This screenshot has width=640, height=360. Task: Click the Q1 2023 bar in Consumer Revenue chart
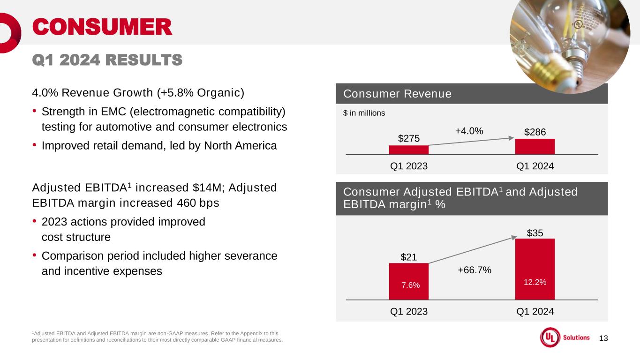click(x=408, y=150)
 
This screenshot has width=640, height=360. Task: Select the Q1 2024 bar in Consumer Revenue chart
click(x=535, y=147)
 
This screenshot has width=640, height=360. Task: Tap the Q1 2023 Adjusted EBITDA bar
click(x=408, y=281)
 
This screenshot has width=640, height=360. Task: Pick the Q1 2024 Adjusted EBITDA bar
click(x=535, y=269)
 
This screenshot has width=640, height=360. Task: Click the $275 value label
click(x=408, y=139)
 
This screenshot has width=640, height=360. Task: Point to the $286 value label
click(x=535, y=132)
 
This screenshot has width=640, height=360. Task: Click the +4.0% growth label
click(x=469, y=131)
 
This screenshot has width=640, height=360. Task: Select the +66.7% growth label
click(x=474, y=270)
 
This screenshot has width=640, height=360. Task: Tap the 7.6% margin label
click(x=411, y=285)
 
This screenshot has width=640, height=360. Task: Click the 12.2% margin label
click(x=535, y=282)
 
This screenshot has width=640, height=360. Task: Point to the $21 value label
click(x=408, y=257)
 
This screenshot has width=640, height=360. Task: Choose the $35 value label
click(x=535, y=233)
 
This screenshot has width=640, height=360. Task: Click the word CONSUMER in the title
click(x=102, y=27)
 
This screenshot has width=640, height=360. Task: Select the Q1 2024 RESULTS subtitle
click(x=107, y=60)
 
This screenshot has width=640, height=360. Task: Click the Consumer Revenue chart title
click(x=397, y=94)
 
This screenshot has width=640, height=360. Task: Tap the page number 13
click(x=603, y=338)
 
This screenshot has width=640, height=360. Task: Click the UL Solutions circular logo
click(x=550, y=337)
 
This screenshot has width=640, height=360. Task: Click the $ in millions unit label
click(x=364, y=113)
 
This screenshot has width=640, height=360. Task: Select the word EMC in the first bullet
click(x=113, y=112)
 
